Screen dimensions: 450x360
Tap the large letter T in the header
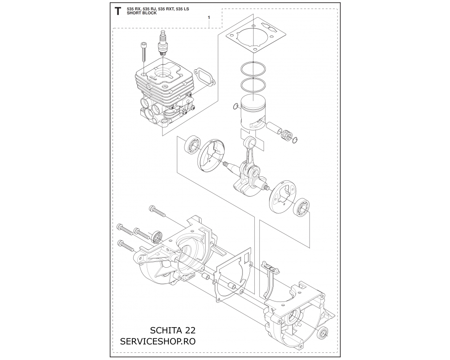[117, 12]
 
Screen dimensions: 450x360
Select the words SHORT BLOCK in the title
[142, 13]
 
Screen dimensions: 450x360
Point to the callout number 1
[209, 18]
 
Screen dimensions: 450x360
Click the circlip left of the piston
[236, 107]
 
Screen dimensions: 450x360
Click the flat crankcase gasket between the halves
[233, 274]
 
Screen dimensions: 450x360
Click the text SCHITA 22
[173, 330]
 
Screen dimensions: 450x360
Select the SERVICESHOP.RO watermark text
[158, 342]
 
